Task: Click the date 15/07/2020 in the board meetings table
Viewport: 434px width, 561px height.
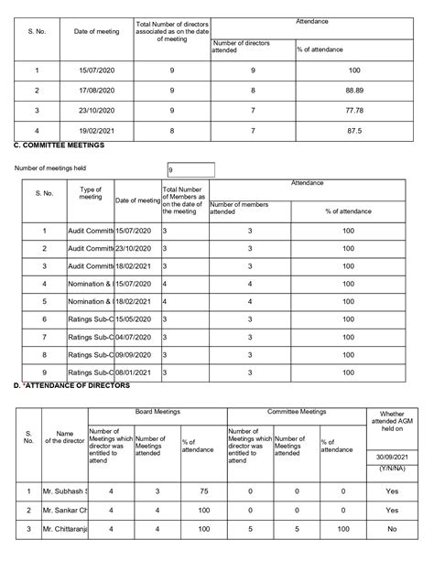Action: coord(96,70)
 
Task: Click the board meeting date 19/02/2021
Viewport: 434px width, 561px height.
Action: coord(96,132)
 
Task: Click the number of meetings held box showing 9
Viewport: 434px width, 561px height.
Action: coord(190,169)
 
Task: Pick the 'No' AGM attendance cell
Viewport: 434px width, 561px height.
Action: coord(392,529)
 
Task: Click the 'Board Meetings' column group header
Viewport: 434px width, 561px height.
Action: coord(156,413)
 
